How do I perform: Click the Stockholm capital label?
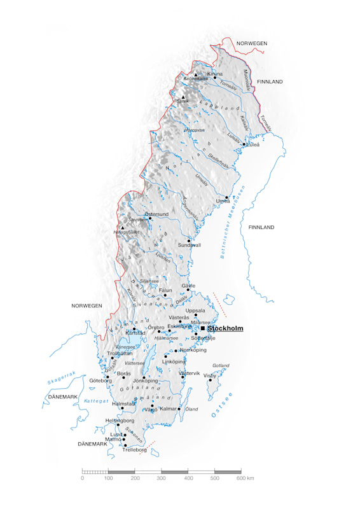225,328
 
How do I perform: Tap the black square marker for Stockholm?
203,328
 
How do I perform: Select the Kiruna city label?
215,74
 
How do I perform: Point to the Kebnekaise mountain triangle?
196,74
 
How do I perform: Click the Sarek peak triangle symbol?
183,97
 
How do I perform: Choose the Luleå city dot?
244,144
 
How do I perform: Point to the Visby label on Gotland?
209,375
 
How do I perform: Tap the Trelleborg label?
134,450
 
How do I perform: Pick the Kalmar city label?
169,408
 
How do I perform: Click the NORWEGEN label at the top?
252,43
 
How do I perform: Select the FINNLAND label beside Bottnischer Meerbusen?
261,227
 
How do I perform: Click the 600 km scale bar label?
245,478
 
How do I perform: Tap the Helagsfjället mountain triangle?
123,227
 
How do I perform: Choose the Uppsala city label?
195,310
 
